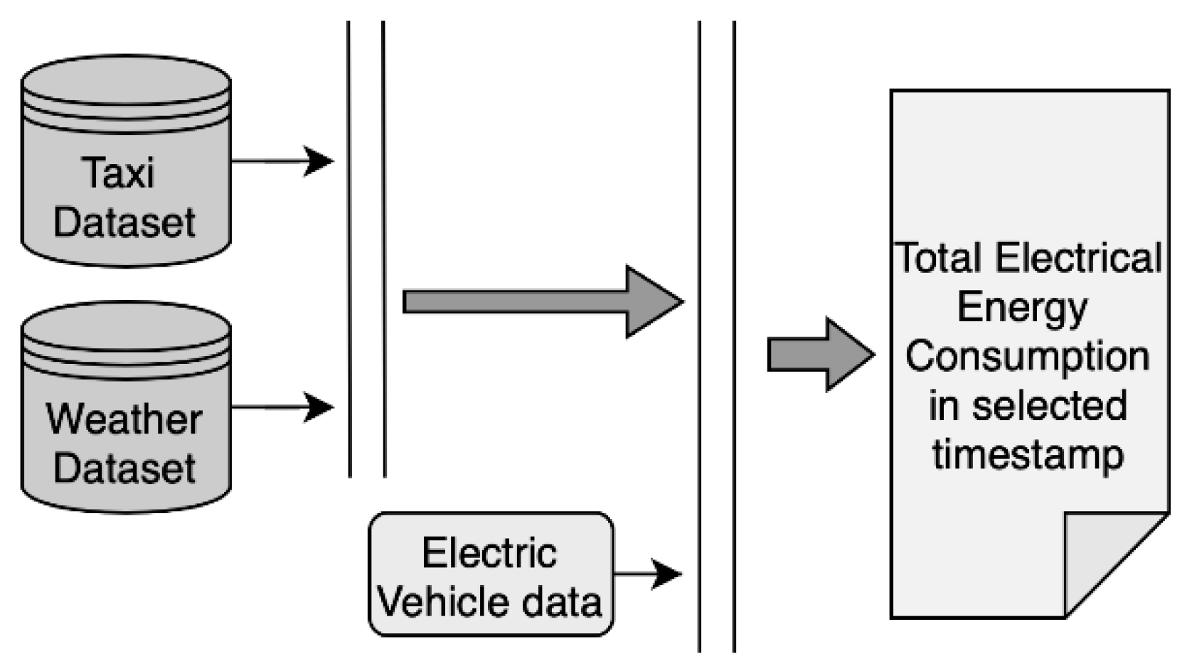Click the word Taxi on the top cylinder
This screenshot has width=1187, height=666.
[x=119, y=173]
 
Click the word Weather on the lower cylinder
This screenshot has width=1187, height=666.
[x=124, y=419]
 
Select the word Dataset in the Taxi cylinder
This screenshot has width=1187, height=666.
[x=124, y=222]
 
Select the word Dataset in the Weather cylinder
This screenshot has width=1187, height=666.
[x=124, y=468]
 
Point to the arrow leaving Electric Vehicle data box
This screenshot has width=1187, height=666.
[x=666, y=573]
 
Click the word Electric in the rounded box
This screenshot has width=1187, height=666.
[x=489, y=552]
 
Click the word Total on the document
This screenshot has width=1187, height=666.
[x=940, y=258]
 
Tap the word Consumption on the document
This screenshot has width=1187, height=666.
[x=1027, y=355]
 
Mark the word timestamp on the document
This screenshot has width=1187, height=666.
[x=1028, y=453]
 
